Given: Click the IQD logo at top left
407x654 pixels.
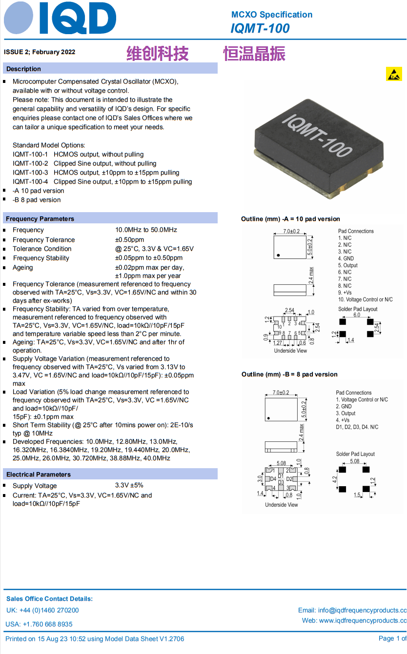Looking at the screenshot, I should point(60,18).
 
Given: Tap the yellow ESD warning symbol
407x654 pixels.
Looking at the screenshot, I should point(394,74).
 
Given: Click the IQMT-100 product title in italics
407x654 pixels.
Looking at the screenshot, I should point(260,29).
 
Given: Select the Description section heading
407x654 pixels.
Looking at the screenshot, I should point(23,69).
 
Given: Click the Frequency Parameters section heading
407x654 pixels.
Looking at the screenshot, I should point(40,218).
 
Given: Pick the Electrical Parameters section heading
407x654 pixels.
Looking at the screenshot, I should point(39,475).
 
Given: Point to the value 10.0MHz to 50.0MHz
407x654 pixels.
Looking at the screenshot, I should point(146,230).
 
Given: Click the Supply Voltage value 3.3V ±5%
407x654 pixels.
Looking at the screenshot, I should point(129,485).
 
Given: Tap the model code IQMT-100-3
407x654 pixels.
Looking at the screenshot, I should point(30,173).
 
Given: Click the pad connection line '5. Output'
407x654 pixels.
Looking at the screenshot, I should point(348,265).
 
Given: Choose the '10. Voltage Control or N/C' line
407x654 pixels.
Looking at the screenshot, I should point(365,299).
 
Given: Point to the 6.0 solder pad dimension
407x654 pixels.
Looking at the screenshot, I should point(357,315).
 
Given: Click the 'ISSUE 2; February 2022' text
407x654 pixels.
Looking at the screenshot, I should point(40,52).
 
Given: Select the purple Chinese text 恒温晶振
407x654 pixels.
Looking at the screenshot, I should point(254,54).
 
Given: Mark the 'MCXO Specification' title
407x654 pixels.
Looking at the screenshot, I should point(272,15).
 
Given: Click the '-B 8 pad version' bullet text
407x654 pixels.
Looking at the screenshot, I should point(37,200).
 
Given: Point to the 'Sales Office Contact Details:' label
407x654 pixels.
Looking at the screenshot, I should point(49,599).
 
